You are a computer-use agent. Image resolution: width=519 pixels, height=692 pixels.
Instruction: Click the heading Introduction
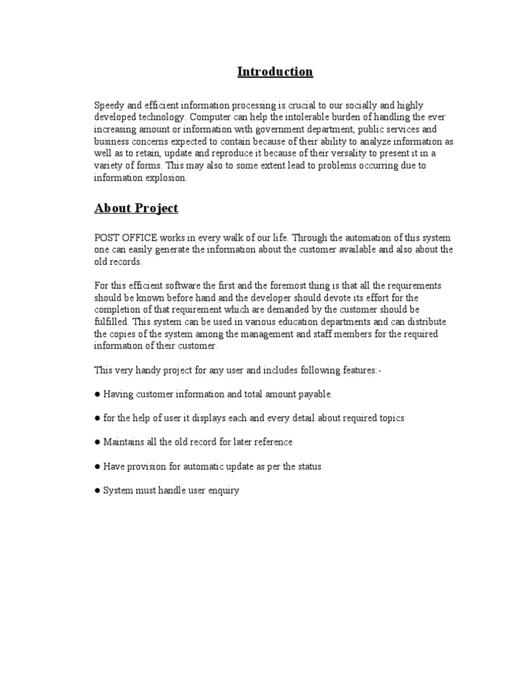pos(275,72)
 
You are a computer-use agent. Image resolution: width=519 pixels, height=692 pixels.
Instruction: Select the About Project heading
pos(136,208)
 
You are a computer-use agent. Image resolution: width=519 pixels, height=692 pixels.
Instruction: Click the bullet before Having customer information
pos(97,395)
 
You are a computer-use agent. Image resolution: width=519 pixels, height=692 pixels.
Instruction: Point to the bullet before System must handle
pos(97,491)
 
